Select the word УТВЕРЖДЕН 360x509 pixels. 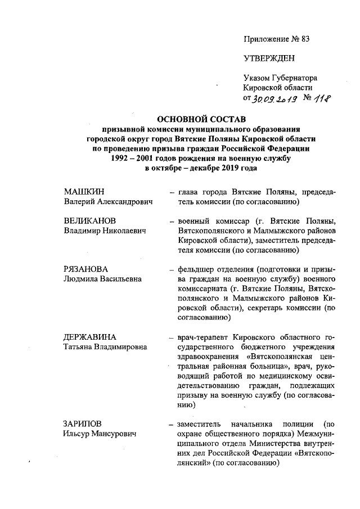269,58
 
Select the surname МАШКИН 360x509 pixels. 83,192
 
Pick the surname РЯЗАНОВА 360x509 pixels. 85,269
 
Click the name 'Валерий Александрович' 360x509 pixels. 108,202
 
